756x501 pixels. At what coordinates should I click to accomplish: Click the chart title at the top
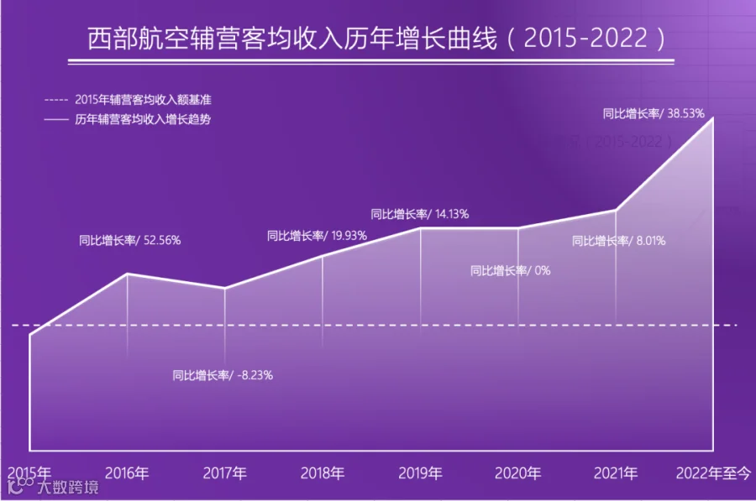click(376, 38)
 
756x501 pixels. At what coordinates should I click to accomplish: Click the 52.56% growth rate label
click(129, 240)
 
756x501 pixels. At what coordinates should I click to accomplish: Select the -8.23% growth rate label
click(223, 375)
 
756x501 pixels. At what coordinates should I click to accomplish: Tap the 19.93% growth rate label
click(317, 236)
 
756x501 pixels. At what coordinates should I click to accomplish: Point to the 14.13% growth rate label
click(419, 214)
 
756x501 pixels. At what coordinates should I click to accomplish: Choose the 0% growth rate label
click(510, 270)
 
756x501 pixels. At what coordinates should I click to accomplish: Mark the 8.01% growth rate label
click(618, 240)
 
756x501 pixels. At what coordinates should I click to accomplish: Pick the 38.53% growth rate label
click(654, 113)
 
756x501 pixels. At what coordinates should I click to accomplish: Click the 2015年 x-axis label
click(29, 472)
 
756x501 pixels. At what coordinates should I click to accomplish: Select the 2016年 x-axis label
click(127, 473)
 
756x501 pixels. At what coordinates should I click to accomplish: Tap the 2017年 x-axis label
click(224, 473)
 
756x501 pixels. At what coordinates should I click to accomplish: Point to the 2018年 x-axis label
click(323, 473)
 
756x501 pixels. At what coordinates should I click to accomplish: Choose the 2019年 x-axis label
click(421, 473)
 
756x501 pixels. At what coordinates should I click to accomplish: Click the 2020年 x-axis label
click(517, 473)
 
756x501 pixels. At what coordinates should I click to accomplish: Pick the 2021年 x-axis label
click(616, 473)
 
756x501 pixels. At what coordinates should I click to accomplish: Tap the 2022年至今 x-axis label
click(713, 473)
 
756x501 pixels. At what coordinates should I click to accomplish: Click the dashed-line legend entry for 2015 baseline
click(128, 100)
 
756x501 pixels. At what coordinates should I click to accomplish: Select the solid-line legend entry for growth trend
click(128, 119)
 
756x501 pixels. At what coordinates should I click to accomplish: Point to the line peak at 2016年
click(128, 274)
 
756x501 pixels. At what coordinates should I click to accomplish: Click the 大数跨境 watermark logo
click(54, 486)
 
